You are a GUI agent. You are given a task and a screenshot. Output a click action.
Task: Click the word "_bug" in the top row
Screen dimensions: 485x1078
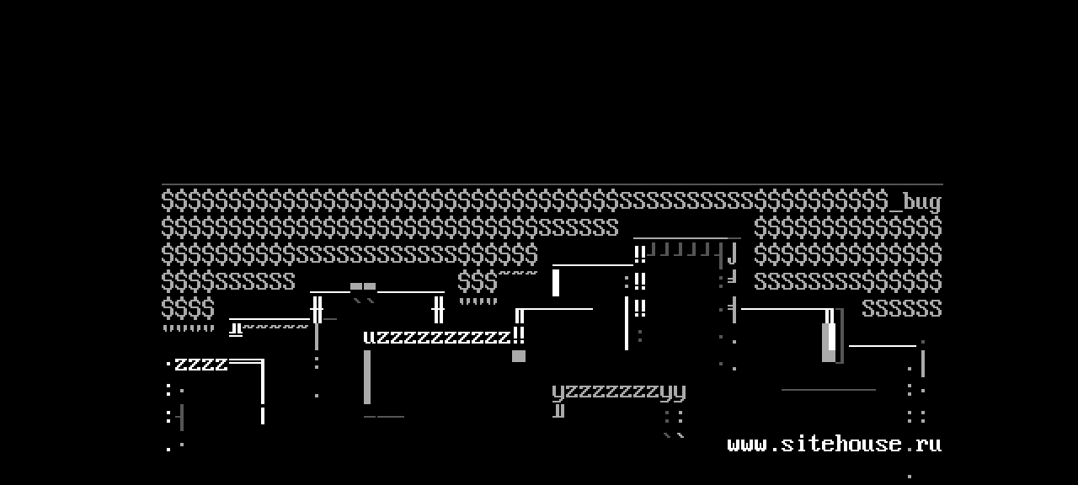point(921,203)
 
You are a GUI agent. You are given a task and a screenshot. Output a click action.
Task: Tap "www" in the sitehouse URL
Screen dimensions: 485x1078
point(746,444)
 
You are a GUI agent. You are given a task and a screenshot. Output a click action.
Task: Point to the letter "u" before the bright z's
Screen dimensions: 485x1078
point(370,338)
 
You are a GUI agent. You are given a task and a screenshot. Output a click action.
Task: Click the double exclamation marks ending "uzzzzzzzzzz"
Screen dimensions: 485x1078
point(519,335)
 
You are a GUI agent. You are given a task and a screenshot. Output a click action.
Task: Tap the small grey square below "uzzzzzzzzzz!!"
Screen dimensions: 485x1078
point(519,356)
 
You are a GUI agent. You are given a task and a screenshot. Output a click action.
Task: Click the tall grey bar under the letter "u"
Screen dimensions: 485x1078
point(367,377)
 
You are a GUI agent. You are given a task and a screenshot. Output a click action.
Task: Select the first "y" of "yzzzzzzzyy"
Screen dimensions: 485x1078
point(558,392)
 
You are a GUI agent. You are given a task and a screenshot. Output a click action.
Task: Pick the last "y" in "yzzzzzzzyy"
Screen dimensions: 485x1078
point(680,392)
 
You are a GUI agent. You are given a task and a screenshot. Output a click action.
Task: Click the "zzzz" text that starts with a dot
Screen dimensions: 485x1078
point(200,365)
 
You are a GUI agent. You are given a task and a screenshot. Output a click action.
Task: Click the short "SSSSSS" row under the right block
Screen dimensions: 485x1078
point(901,309)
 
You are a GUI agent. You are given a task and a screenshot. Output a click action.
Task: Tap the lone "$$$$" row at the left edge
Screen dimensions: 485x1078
point(188,309)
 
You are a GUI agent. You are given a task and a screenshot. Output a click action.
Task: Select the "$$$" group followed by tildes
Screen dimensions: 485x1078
point(478,281)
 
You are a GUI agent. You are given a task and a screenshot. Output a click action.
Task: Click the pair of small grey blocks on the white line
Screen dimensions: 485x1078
point(363,286)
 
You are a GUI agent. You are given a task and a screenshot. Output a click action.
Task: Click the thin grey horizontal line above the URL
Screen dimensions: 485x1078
point(828,390)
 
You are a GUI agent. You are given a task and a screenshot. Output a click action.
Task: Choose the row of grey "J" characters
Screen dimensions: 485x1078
point(683,249)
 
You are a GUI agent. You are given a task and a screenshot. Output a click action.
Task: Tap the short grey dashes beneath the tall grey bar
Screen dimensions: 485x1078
point(384,416)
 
